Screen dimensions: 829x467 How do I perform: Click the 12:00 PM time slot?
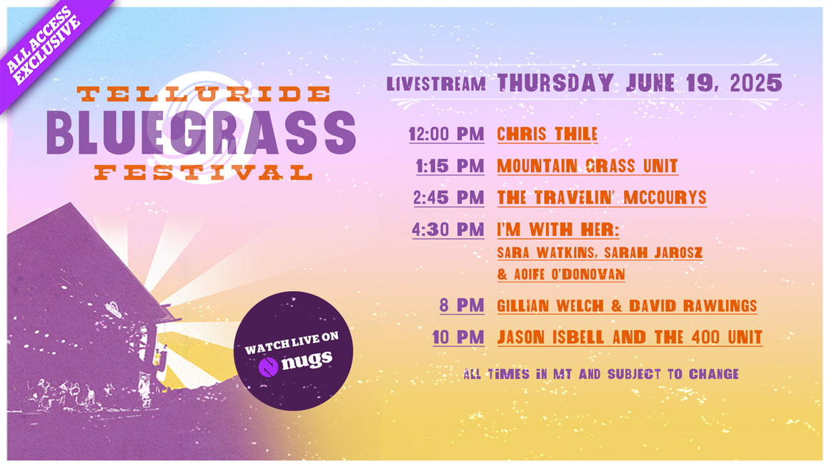coord(446,134)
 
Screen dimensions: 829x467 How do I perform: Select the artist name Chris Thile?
coord(547,134)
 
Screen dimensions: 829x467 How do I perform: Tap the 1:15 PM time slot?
coord(450,166)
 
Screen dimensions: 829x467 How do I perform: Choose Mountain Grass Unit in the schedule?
coord(587,166)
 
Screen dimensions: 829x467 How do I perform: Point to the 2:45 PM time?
coord(448,198)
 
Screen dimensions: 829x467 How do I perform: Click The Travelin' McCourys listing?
coord(602,198)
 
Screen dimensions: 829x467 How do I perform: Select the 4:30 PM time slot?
coord(448,230)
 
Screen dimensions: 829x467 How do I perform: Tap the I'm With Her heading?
coord(557,230)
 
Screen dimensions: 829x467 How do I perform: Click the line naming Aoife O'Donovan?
coord(561,275)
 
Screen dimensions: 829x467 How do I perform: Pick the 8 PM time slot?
coord(462,305)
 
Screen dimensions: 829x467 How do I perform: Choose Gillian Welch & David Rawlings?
coord(627,305)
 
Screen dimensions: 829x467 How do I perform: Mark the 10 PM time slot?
coord(458,338)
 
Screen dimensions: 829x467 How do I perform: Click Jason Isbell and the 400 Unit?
coord(630,338)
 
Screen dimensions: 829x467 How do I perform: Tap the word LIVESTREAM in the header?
coord(436,84)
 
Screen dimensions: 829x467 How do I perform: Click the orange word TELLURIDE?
coord(204,94)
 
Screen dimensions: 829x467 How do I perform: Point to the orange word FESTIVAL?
coord(204,172)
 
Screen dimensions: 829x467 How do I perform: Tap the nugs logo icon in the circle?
coord(268,366)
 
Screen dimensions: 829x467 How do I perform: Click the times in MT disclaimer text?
coord(601,375)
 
